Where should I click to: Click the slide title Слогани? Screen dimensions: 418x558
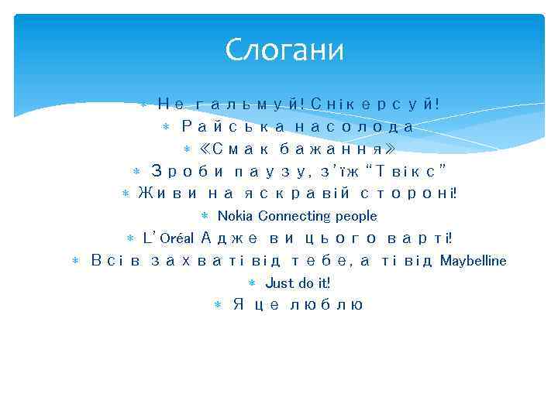[x=284, y=51]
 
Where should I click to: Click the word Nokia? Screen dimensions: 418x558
[x=236, y=216]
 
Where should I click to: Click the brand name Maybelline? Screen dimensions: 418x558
[x=473, y=261]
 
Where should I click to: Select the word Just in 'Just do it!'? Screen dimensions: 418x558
[x=278, y=283]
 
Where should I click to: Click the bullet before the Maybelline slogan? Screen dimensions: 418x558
[x=75, y=262]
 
